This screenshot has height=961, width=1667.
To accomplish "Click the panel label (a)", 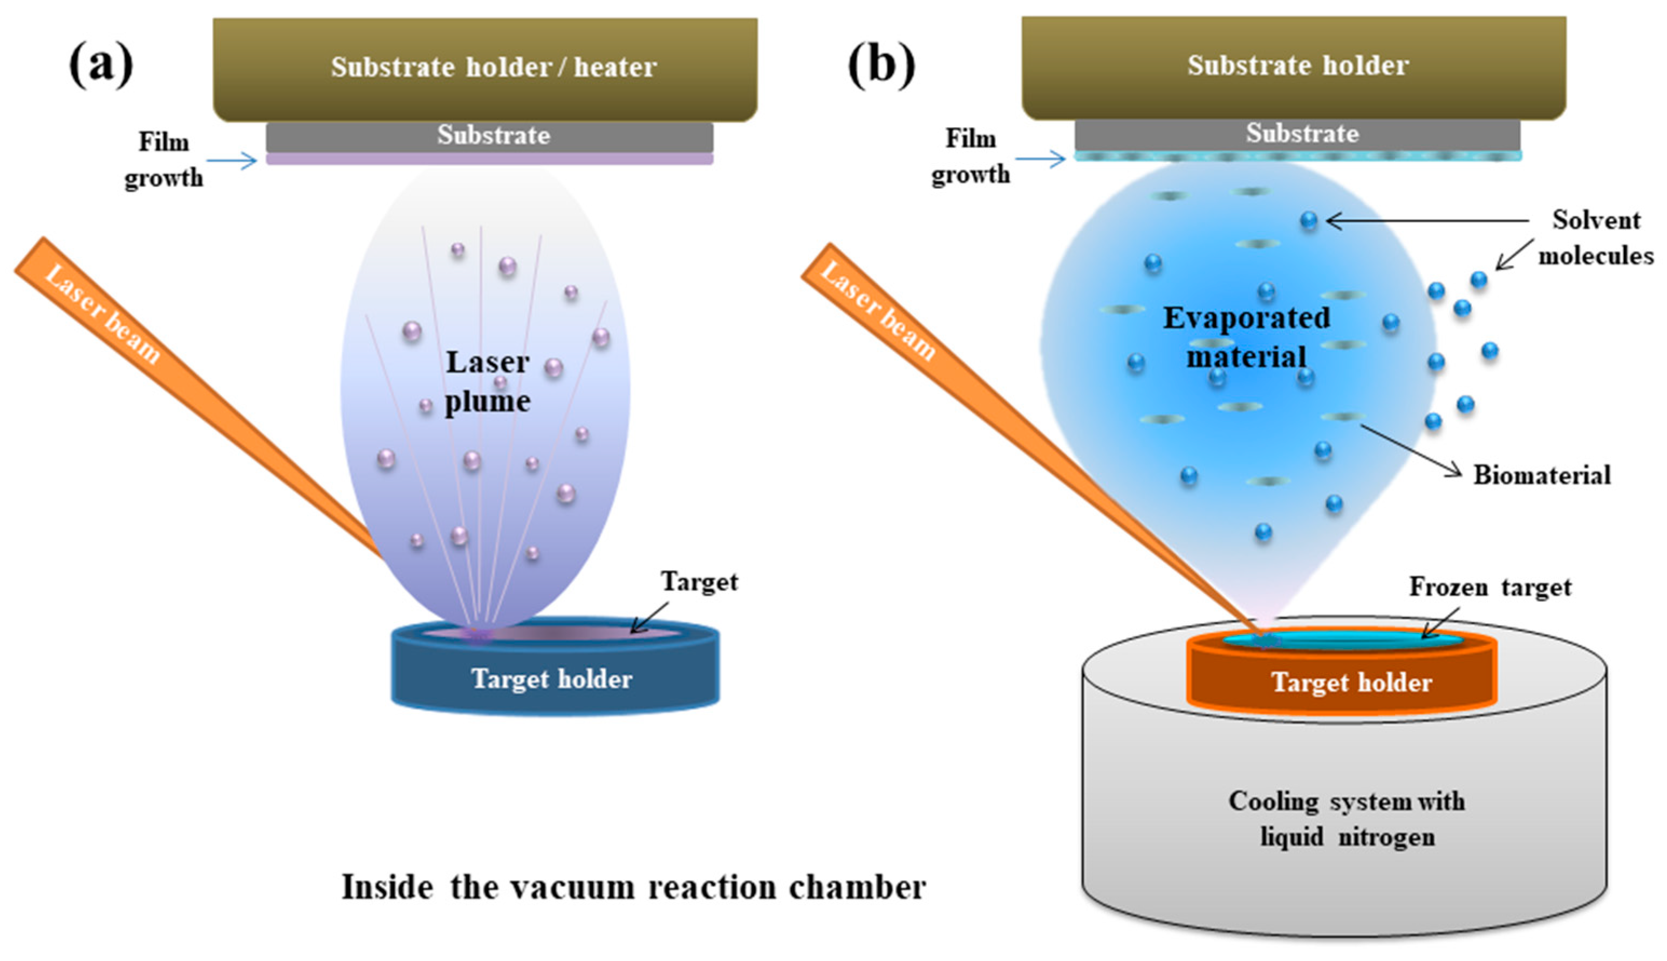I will click(100, 66).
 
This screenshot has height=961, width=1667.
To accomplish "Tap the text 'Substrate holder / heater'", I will click(493, 67).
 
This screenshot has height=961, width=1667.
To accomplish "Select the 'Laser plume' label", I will click(487, 381).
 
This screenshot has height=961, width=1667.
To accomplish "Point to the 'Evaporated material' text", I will click(1246, 337).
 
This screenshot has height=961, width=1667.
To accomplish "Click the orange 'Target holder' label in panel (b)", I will click(1351, 682).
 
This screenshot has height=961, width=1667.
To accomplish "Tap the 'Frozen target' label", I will click(1490, 586).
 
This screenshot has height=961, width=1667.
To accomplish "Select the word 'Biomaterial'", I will click(1542, 474).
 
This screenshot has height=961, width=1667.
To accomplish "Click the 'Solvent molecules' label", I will click(1595, 237).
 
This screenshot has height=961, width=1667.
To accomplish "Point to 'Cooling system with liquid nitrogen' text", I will click(1346, 819).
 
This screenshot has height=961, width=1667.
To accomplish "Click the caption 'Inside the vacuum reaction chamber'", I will click(633, 887).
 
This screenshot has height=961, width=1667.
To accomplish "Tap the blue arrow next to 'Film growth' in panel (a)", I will click(231, 160).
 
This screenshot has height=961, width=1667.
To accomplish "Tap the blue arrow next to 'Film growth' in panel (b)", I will click(1040, 159).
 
